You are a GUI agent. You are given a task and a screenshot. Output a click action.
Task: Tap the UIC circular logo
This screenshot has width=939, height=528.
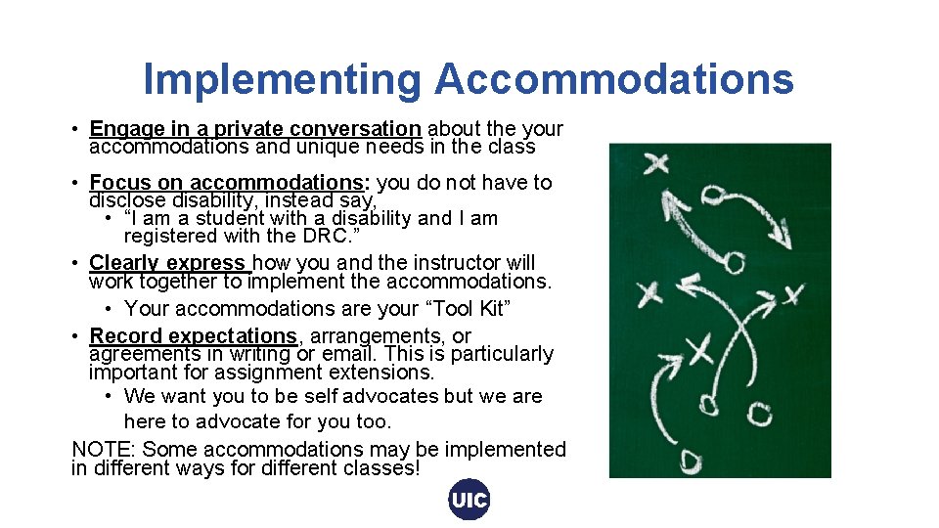tap(469, 500)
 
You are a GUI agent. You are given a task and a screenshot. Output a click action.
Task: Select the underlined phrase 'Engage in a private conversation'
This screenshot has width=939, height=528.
tap(254, 129)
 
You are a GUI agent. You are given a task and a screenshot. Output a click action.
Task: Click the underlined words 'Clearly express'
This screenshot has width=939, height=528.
tap(168, 263)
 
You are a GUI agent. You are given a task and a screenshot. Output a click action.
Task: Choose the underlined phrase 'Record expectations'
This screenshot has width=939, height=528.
tap(193, 336)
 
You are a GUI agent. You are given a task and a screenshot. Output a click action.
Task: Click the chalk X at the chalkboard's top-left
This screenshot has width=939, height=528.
tap(656, 163)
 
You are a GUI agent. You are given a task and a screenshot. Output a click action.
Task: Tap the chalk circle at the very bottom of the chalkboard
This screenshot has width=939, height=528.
tap(692, 460)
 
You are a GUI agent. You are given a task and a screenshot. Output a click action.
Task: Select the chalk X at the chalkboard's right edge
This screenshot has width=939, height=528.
tap(793, 293)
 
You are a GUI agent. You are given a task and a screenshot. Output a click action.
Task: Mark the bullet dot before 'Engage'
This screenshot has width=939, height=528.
tap(75, 129)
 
